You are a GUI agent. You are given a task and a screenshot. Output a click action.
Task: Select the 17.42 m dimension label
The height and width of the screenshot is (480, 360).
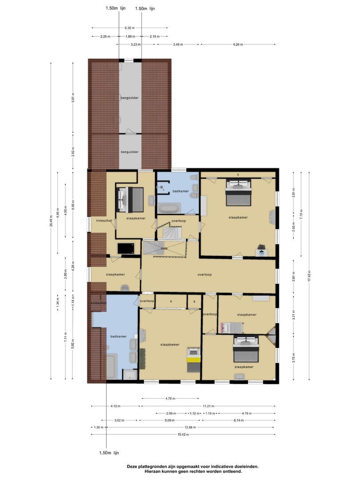point(309,276)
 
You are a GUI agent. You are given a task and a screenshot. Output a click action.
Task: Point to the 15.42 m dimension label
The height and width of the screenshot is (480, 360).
point(183,434)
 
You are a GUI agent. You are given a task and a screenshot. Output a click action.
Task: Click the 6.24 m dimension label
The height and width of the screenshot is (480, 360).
point(238,44)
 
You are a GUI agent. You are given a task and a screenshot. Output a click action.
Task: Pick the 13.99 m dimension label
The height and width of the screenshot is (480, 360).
point(188,427)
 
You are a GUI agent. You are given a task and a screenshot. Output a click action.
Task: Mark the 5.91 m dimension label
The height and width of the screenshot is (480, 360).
point(73,98)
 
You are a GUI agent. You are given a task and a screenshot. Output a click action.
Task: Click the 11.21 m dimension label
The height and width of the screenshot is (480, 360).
point(208,406)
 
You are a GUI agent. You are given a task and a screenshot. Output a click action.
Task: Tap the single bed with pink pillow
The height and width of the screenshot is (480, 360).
point(231,328)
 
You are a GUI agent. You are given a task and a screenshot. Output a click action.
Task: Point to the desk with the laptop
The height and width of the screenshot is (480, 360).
point(261,251)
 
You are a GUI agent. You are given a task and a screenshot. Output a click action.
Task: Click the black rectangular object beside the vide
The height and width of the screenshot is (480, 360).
point(127,248)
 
